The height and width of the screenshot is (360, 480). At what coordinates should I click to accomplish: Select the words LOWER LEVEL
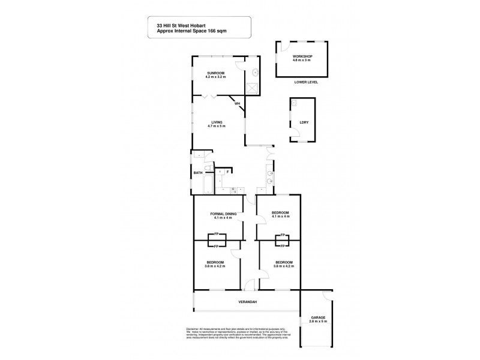[302, 82]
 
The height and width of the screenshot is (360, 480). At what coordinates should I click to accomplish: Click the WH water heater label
[237, 104]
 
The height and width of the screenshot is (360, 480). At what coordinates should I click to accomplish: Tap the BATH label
[197, 173]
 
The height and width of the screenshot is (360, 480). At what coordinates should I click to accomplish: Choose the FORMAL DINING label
[223, 214]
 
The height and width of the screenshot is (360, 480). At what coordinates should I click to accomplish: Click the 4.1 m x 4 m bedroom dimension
[281, 218]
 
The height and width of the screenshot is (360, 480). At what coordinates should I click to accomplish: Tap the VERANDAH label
[246, 302]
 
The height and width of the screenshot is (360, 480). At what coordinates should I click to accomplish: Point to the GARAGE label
[318, 317]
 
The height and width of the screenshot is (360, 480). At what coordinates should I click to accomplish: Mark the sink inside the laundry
[293, 104]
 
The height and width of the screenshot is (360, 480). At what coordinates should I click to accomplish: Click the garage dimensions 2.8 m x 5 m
[318, 322]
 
